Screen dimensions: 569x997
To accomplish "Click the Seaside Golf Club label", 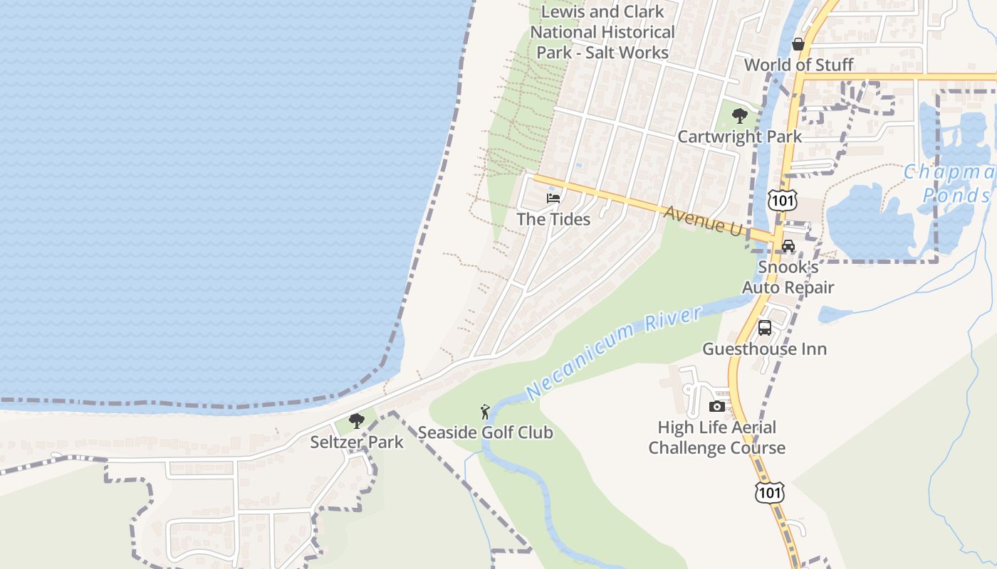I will coord(485,432).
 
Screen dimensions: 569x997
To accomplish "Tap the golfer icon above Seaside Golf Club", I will coord(485,412).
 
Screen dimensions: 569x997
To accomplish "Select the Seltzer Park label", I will coord(356,442).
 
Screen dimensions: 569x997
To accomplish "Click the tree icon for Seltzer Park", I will coord(357,421).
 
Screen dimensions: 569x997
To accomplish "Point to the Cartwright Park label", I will coord(739,137).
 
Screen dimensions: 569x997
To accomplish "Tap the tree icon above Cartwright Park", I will coord(740,115).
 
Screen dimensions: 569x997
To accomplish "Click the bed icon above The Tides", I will coord(553,198).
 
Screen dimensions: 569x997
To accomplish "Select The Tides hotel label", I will coord(553,219).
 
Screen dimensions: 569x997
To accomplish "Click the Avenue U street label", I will coord(704,220).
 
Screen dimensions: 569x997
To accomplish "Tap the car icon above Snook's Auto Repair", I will coord(788,246).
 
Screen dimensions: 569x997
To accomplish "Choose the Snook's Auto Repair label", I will coord(788,277).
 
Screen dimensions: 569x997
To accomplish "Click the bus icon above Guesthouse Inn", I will coord(764,328).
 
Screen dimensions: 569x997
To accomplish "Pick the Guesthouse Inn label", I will coord(764,349).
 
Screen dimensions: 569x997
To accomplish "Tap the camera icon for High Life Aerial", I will coord(717,406).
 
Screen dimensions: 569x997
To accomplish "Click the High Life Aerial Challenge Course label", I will coord(716,437).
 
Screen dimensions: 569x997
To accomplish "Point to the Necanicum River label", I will coord(614,352).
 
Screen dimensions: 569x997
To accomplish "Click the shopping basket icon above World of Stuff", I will coord(798,44).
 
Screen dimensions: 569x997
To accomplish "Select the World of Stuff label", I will coord(798,65).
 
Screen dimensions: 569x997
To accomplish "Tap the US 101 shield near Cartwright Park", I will coord(781,201).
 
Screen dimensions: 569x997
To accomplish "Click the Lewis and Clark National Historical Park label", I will coord(602,32).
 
